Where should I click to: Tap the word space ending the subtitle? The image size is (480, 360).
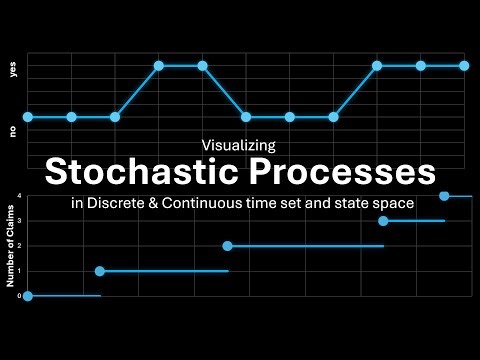[x=394, y=203]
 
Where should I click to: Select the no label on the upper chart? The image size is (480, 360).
[x=13, y=130]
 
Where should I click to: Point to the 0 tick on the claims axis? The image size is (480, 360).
[x=18, y=296]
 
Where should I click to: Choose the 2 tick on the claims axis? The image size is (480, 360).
[x=18, y=246]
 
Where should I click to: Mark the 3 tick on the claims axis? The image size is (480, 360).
[x=18, y=221]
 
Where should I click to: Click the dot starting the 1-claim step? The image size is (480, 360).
[x=99, y=271]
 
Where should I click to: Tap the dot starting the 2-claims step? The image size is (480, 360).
[x=228, y=246]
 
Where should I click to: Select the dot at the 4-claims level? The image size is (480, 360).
[x=444, y=196]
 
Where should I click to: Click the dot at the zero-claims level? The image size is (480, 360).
[x=28, y=296]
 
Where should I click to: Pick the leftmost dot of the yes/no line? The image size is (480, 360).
[x=28, y=117]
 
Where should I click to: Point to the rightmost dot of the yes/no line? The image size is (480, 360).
[x=465, y=66]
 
